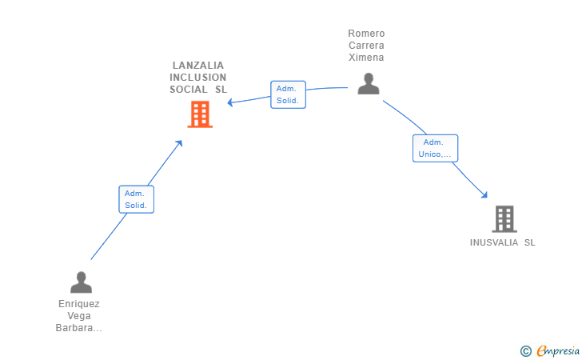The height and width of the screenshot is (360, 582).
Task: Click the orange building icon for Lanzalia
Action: [200, 114]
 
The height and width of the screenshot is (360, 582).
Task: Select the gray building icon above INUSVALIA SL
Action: [504, 219]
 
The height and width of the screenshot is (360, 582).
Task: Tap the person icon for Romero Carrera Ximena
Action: [369, 83]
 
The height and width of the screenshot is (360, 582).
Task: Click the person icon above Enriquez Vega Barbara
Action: [81, 282]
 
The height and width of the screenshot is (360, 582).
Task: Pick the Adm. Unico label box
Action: [435, 148]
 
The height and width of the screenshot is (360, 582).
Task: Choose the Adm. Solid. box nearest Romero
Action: [288, 94]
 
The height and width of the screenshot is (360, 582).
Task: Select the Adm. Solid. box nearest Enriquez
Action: [136, 199]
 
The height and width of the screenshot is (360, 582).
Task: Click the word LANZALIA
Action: [198, 66]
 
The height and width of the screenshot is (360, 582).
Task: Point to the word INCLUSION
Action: [197, 78]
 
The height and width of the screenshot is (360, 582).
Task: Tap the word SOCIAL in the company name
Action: [189, 90]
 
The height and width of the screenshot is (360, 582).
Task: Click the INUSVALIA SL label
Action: [503, 242]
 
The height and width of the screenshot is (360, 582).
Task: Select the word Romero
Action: [366, 34]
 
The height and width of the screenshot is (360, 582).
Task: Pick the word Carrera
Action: [366, 46]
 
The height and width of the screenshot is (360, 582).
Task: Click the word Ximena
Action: [366, 58]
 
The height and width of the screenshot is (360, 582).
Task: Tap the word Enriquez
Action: [79, 304]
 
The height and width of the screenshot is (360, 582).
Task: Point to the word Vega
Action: [79, 316]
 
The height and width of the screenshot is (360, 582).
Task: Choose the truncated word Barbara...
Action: [78, 328]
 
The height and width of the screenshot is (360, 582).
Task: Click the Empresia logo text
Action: [558, 350]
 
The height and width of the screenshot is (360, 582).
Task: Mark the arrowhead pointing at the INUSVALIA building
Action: [484, 195]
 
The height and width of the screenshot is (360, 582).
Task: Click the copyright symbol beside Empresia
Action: [526, 351]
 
